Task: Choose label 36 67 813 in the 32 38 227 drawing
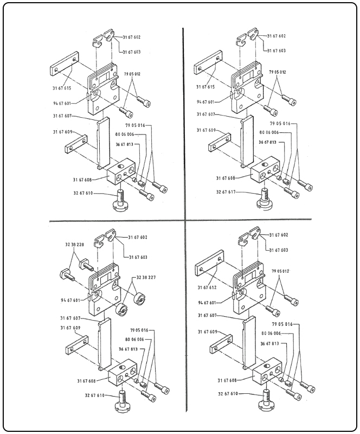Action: [x=127, y=350]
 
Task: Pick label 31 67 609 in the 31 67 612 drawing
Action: [x=207, y=331]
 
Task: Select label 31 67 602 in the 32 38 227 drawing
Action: [x=139, y=237]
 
